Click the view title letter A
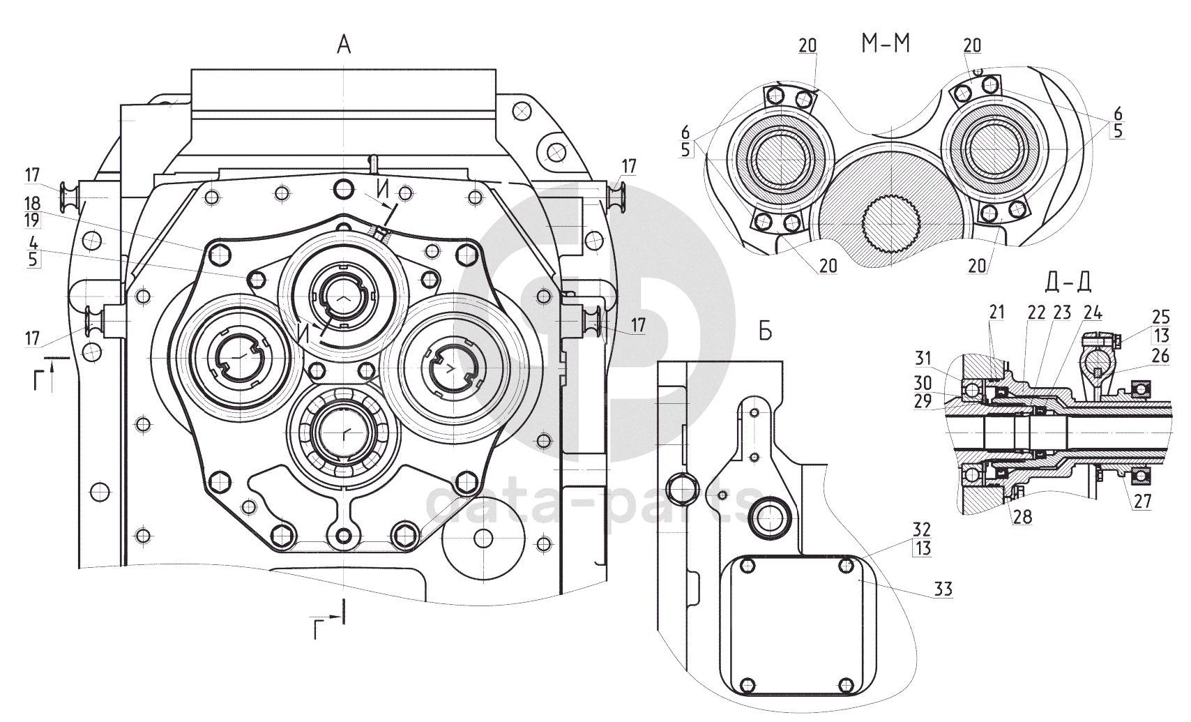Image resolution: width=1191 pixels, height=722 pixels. click(x=344, y=46)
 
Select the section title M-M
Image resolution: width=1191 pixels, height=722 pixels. click(x=886, y=44)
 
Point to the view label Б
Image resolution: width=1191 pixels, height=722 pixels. click(x=765, y=332)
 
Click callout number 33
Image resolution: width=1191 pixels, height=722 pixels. click(x=943, y=589)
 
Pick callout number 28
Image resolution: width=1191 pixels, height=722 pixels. click(x=1022, y=517)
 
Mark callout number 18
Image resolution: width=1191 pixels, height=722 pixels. click(x=33, y=203)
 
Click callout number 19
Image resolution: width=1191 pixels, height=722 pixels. click(x=33, y=218)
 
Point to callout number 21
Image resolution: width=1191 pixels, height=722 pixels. click(x=996, y=312)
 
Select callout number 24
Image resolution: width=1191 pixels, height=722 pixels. click(x=1092, y=313)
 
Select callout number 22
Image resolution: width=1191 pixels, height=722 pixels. click(x=1036, y=313)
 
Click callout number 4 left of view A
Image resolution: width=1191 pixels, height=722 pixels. click(x=33, y=243)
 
